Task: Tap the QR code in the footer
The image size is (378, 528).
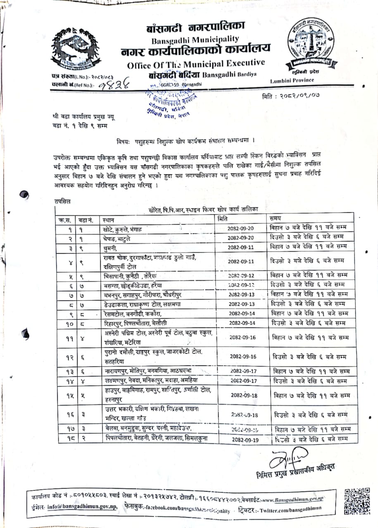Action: pos(357,500)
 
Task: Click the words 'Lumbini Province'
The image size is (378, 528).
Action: pos(292,80)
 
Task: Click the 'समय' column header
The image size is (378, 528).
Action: pos(276,218)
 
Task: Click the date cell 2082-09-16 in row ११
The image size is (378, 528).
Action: pos(242,337)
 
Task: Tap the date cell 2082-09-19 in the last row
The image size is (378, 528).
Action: pos(245,440)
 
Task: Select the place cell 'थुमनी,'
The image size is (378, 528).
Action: pos(112,247)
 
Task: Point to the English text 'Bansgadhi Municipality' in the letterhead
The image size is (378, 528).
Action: pos(195,40)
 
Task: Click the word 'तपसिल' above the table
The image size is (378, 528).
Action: pos(62,201)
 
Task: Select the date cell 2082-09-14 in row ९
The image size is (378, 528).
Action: pos(242,313)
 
